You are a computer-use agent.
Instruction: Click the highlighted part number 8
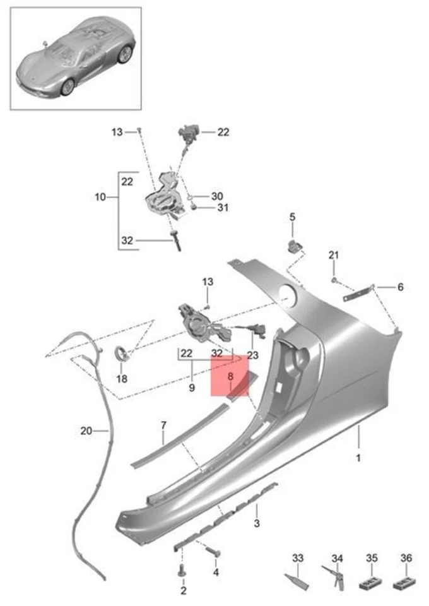(230, 376)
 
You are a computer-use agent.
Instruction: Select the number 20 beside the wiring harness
(86, 431)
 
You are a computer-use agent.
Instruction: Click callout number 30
(216, 196)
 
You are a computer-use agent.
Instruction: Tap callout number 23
(252, 355)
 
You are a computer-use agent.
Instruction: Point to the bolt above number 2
(182, 570)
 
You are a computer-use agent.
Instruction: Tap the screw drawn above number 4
(213, 552)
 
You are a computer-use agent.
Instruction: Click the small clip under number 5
(294, 245)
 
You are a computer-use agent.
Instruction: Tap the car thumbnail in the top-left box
(76, 58)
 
